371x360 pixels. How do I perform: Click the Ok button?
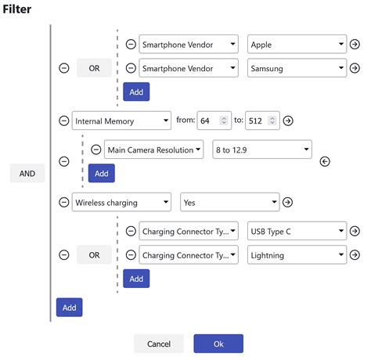pos(218,344)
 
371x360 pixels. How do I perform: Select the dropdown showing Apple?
pos(297,45)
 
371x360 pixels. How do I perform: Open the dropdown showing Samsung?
pos(297,68)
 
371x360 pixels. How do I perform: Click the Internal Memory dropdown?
pos(121,121)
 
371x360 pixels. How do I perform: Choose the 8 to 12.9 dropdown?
pos(262,149)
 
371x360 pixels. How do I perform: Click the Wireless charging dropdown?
pos(121,203)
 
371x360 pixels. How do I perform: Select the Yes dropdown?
pos(229,203)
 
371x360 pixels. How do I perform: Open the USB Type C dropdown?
pos(297,232)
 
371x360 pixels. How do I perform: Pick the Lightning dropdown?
pos(297,255)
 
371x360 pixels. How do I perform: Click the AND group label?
pos(27,174)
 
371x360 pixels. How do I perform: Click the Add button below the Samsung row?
pos(136,92)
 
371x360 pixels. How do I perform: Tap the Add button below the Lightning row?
pos(136,279)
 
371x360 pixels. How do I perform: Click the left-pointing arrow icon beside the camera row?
pos(326,161)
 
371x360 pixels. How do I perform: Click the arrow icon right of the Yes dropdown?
pos(288,203)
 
